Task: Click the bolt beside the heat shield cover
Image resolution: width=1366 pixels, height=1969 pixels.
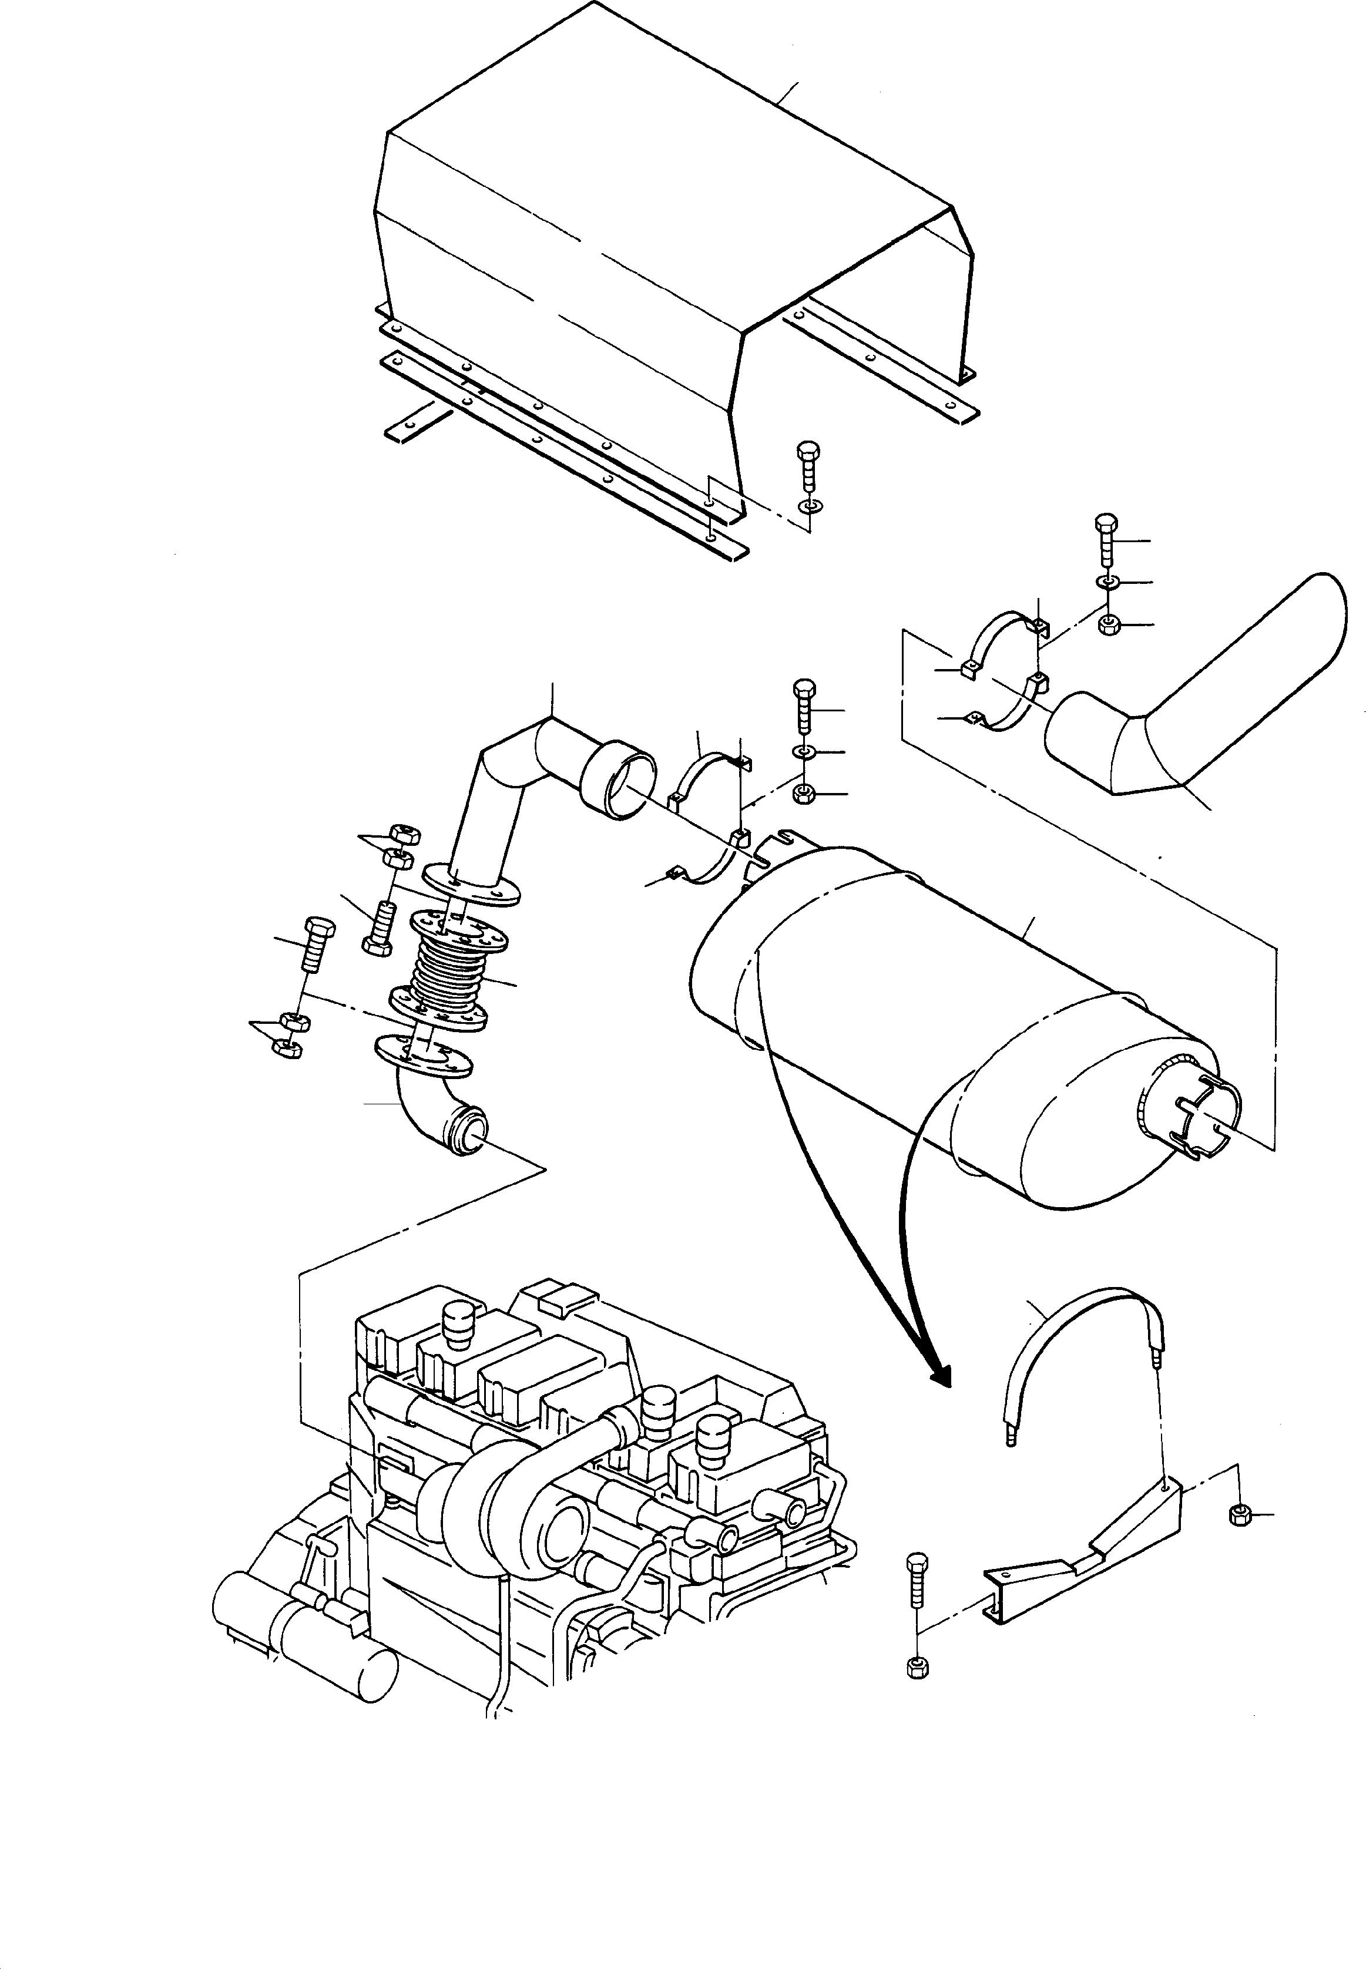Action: point(807,466)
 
